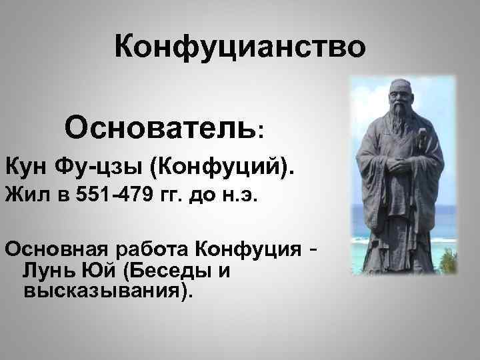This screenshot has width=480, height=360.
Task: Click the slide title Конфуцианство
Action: tap(240, 47)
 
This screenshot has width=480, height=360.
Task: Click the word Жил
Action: tap(23, 197)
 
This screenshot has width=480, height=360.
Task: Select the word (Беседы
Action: tap(158, 271)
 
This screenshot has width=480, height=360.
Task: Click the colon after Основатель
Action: tap(261, 129)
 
